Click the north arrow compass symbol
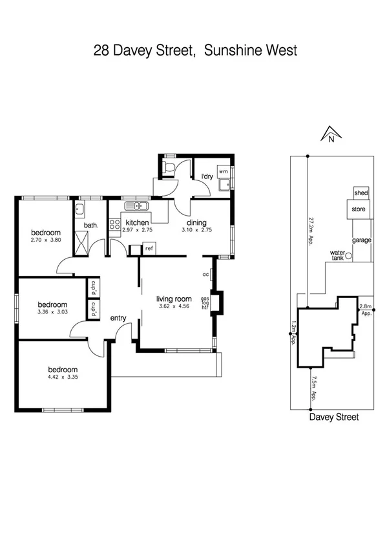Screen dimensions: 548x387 (330, 134)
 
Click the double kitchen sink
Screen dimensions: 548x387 (137, 206)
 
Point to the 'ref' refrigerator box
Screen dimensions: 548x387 (149, 248)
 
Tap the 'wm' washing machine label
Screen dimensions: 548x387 (223, 171)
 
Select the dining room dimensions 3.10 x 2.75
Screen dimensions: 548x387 (196, 230)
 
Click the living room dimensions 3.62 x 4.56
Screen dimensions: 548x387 (174, 307)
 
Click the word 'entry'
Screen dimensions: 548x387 (118, 318)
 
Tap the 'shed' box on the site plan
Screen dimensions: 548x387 (360, 193)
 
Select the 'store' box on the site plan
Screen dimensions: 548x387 (359, 209)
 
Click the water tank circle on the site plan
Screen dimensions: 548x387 (348, 256)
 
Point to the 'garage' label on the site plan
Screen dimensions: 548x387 (361, 240)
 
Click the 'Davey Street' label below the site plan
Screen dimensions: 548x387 (333, 417)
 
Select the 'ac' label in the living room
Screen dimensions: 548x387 (205, 274)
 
